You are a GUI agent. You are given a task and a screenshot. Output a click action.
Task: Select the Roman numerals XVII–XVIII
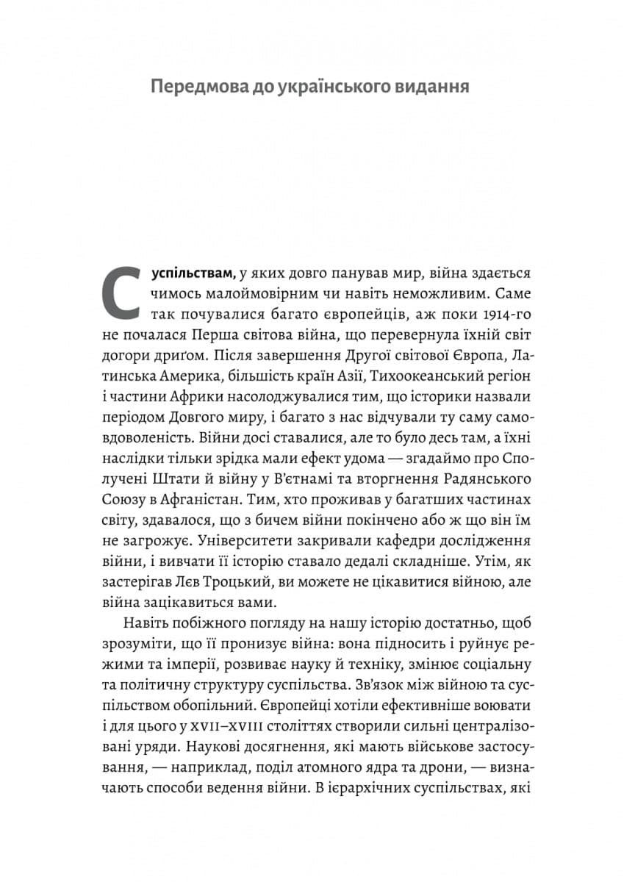pos(229,727)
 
